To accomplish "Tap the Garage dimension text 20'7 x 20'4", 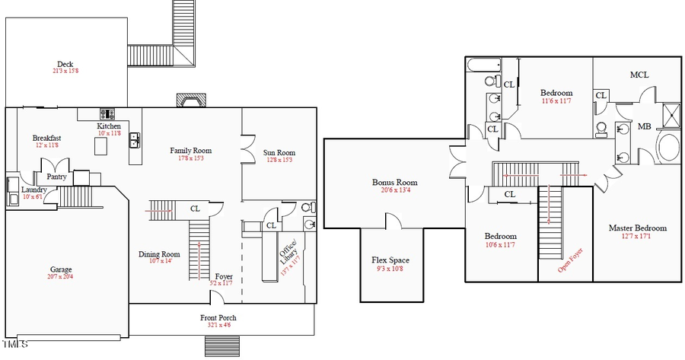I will point(61,277).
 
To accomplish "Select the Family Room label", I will point(190,151).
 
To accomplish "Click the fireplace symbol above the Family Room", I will point(190,101).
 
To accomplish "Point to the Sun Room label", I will point(279,151).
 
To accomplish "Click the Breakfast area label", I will point(46,138).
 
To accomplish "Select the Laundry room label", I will point(34,190).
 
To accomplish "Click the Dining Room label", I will point(159,254).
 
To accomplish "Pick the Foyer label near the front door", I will point(224,276).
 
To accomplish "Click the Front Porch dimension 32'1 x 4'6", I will point(217,325).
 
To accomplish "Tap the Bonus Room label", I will point(394,182).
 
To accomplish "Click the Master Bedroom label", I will point(637,228).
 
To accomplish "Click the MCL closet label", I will point(639,75).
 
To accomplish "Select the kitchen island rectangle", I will point(101,146).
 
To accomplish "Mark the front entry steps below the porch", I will point(221,346).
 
